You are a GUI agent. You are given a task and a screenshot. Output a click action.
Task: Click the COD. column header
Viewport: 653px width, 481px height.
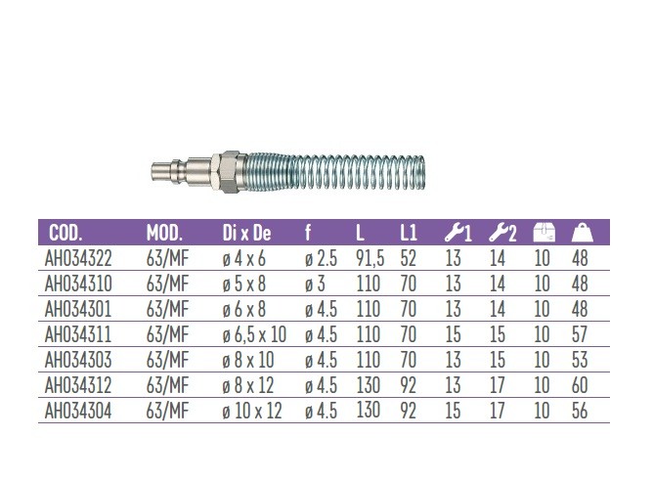point(65,233)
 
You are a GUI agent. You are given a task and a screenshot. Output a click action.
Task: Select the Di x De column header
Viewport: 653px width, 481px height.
point(246,233)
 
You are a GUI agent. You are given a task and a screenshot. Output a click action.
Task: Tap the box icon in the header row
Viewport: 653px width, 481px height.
point(544,233)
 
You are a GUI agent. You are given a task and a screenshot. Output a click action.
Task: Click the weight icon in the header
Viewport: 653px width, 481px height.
point(583,233)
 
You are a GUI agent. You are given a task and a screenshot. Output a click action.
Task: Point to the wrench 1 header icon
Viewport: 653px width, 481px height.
point(457,233)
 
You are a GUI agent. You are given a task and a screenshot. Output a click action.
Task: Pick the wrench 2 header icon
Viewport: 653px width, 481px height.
point(502,233)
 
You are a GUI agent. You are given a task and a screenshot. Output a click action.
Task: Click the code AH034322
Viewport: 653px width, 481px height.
point(78,259)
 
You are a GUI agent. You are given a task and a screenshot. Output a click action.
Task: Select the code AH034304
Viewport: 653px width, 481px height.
point(78,411)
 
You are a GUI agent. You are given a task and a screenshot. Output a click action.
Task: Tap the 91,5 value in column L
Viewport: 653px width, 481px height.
point(370,259)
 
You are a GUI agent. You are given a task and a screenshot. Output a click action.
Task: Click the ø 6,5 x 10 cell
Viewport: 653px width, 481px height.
point(254,334)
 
